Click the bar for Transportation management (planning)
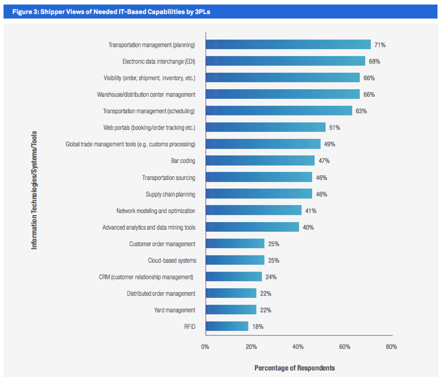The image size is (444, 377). click(x=288, y=45)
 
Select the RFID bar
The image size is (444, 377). click(x=227, y=326)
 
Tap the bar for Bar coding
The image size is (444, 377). click(x=260, y=161)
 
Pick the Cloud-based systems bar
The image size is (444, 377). click(x=235, y=260)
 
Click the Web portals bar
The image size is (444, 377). click(x=266, y=127)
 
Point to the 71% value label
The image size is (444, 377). click(x=380, y=45)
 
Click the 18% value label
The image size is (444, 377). click(x=257, y=327)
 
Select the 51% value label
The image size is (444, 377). click(x=335, y=128)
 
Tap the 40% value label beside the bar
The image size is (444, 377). click(x=308, y=227)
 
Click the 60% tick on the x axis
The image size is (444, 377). click(x=345, y=347)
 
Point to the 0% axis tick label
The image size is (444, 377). click(x=205, y=347)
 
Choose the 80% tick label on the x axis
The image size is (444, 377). click(x=391, y=347)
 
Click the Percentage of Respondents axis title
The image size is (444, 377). click(x=294, y=368)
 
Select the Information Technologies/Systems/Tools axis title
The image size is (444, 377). click(x=34, y=190)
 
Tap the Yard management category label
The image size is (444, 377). click(x=174, y=310)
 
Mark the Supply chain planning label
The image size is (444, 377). click(x=170, y=194)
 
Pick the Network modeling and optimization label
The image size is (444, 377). click(x=156, y=211)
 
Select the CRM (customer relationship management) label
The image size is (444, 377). click(x=147, y=277)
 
